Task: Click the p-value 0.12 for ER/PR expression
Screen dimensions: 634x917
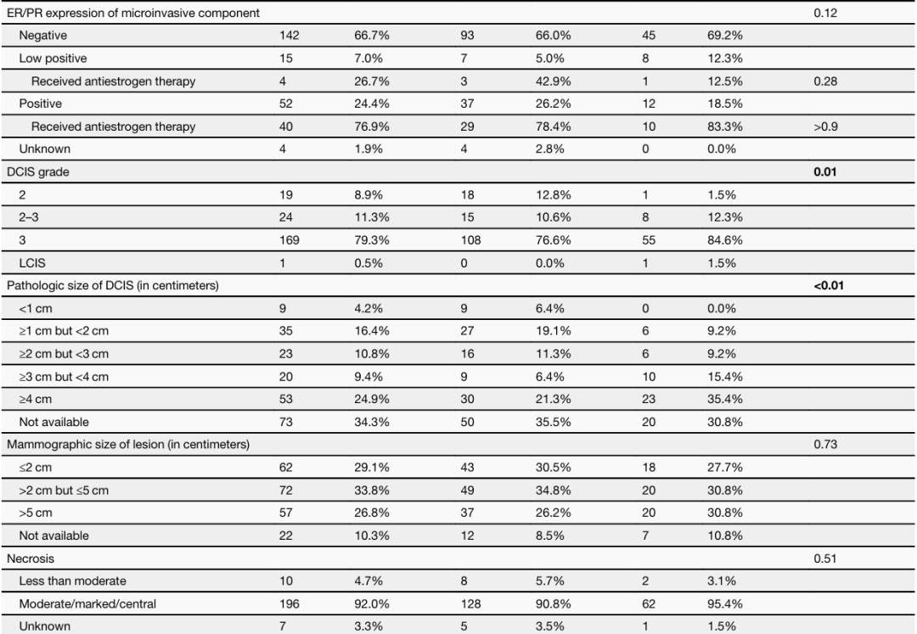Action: click(824, 14)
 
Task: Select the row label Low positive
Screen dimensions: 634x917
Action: click(53, 59)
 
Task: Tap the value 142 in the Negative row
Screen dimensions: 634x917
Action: click(289, 36)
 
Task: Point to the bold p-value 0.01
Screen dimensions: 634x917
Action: click(824, 172)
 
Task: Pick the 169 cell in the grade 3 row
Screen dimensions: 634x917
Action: click(289, 240)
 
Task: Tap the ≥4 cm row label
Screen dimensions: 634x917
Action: click(35, 399)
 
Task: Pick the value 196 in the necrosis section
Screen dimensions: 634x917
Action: click(289, 603)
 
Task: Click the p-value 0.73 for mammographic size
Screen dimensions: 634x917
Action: click(824, 445)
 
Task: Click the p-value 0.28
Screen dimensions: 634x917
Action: click(824, 81)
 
